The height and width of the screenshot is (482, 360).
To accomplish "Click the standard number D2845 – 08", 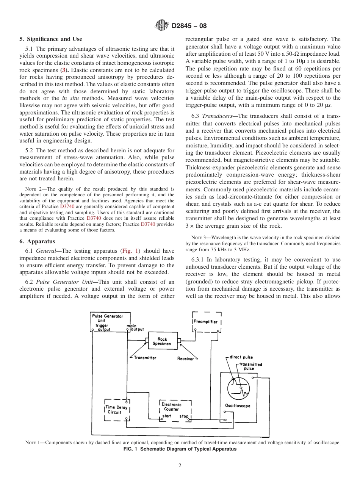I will point(189,26).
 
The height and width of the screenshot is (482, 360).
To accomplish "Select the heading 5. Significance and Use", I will point(50,39).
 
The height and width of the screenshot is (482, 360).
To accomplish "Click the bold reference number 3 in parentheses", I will point(64,70).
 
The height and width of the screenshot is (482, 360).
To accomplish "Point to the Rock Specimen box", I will point(162,341).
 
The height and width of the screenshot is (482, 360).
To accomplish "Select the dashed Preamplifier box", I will point(207,322).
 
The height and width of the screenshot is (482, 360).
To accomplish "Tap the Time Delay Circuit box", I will point(117,410).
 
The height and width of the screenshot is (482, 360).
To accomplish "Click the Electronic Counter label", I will point(171,407).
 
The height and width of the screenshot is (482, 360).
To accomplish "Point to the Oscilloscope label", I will point(238,406).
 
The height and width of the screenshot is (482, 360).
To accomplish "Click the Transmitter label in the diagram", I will point(145,358).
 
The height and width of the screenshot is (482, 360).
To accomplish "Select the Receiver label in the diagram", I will point(185,358).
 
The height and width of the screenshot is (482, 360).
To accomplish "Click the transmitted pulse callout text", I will point(250,366).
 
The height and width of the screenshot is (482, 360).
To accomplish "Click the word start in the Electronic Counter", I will point(167,416).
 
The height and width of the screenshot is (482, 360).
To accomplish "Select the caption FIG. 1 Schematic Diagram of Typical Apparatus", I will point(180,449).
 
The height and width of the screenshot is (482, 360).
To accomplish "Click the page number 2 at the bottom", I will point(180,466).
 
